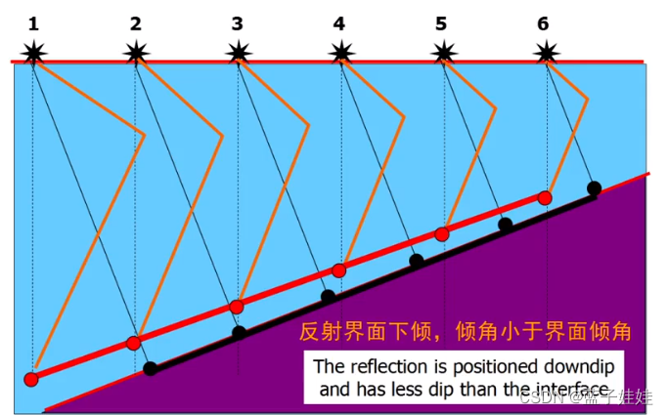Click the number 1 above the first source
point(33,21)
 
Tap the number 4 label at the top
point(338,21)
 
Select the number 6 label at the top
point(543,21)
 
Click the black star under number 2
point(136,51)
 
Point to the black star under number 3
point(238,51)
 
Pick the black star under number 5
point(444,51)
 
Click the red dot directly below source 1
point(31,379)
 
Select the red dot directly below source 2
point(134,342)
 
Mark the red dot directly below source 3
point(236,307)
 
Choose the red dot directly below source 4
point(339,270)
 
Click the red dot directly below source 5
point(442,234)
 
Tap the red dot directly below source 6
point(545,198)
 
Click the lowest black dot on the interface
point(151,369)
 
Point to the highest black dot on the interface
point(594,187)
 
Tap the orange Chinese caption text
point(465,332)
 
